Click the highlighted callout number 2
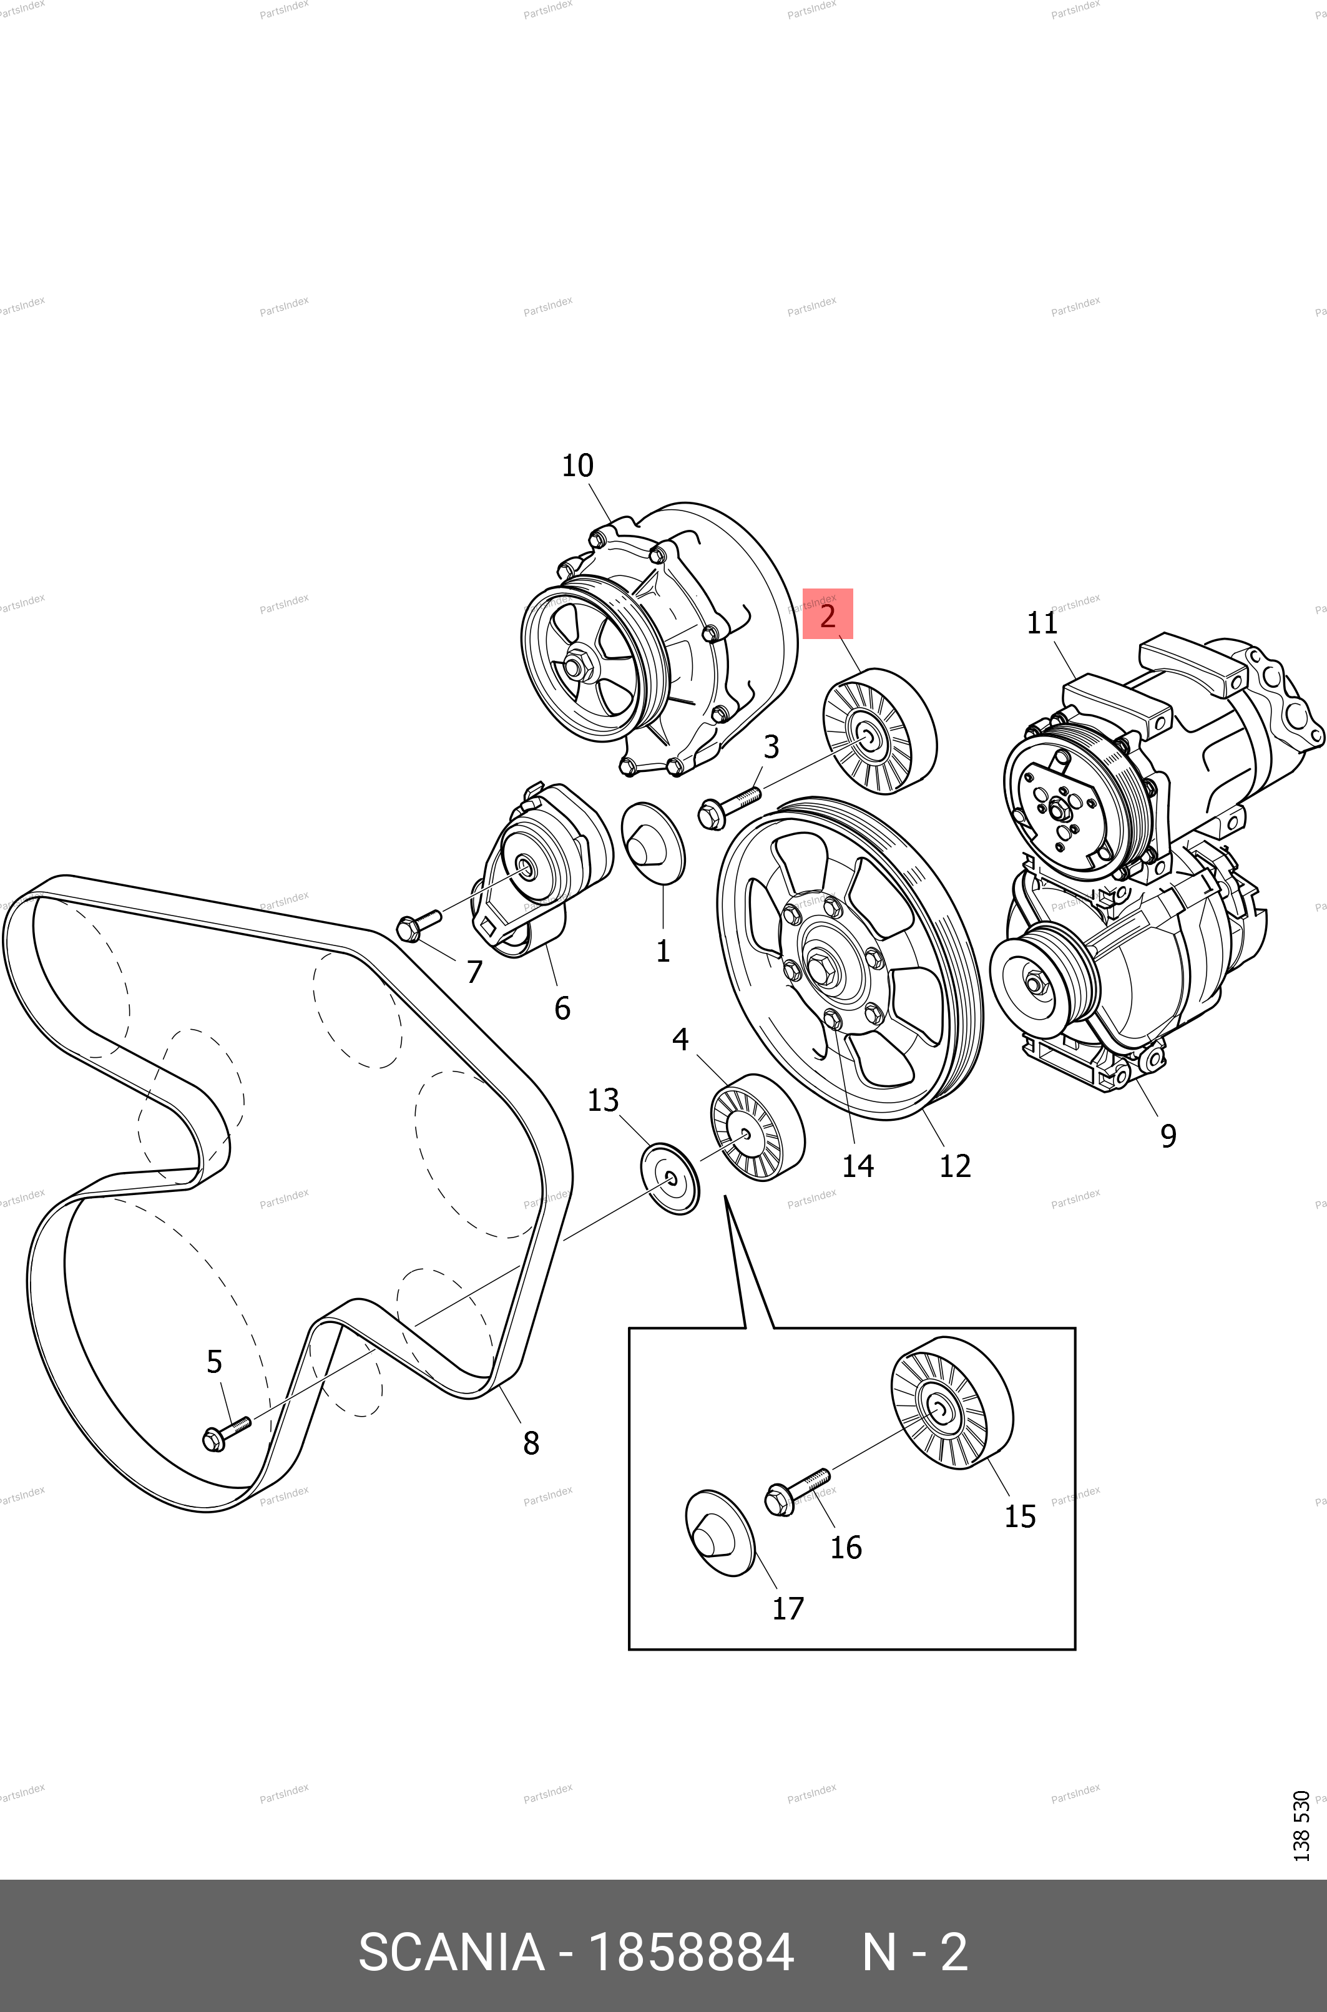point(828,614)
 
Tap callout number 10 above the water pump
point(578,466)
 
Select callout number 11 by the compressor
point(1042,623)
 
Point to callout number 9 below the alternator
point(1168,1135)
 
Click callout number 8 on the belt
point(531,1443)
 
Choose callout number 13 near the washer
point(604,1100)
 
